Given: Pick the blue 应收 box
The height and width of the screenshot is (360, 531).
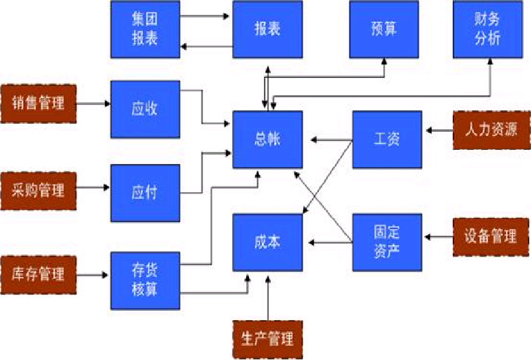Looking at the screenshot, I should coord(145,109).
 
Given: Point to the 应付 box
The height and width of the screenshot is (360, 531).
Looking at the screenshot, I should coord(145,193).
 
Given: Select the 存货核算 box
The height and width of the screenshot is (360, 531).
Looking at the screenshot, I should coord(145,281).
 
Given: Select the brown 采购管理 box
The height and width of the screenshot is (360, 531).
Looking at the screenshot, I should coord(38,190).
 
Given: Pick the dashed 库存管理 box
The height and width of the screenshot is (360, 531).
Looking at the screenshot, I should coord(38,273).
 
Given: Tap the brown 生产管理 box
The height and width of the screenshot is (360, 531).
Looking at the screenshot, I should coord(267,339).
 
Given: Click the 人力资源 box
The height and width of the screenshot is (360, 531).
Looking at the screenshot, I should coord(491,130).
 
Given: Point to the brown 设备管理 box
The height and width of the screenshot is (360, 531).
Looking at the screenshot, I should coord(491,236).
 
